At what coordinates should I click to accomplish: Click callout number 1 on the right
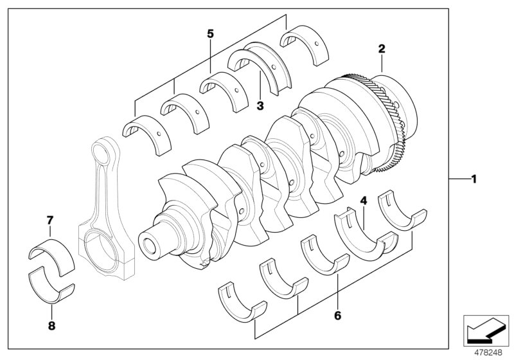(474, 179)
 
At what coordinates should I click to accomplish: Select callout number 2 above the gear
(381, 49)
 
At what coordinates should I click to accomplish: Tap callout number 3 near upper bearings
(260, 105)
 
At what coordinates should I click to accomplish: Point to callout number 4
(363, 201)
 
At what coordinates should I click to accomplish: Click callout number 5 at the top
(209, 33)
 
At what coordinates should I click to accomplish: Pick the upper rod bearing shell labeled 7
(51, 248)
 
